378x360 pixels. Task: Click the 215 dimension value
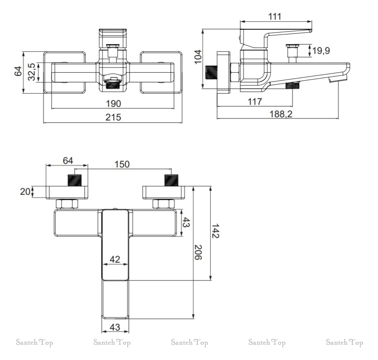[113, 117]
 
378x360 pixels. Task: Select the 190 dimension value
[113, 104]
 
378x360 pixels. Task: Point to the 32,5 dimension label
[32, 72]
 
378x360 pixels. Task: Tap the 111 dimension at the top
[275, 16]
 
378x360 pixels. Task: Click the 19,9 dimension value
[321, 51]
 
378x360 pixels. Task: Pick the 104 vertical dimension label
[198, 57]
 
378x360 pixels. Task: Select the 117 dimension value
[255, 102]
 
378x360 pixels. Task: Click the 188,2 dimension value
[281, 114]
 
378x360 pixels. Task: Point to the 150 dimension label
[122, 164]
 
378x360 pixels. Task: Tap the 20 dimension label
[25, 192]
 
